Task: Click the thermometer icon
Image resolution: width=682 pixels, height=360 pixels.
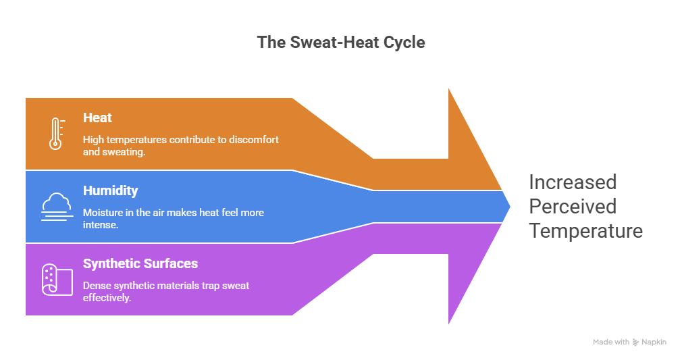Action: (x=55, y=133)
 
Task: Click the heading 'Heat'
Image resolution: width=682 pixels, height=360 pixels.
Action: (x=97, y=118)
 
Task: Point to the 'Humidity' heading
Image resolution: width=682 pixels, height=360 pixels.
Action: (x=110, y=190)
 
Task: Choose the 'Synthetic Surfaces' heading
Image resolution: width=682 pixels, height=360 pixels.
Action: (x=140, y=263)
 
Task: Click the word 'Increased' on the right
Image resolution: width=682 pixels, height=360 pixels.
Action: (x=573, y=182)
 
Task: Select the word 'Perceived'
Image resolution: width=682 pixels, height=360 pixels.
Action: (x=573, y=206)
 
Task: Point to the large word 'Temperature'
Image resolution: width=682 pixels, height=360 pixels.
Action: (x=585, y=231)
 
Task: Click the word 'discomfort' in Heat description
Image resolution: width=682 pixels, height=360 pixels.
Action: (x=253, y=140)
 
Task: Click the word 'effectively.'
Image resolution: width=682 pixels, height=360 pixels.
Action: (x=107, y=297)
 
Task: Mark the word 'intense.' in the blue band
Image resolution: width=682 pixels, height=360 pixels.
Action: (x=101, y=224)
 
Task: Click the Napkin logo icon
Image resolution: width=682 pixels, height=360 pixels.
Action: (x=635, y=342)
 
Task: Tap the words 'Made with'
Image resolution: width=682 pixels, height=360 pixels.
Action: (x=611, y=342)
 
